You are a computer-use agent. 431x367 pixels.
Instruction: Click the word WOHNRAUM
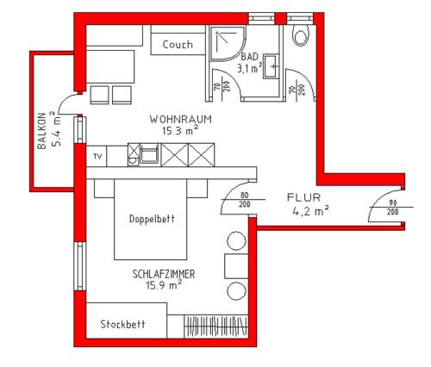[180, 118]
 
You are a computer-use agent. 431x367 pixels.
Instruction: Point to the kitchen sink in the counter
[148, 156]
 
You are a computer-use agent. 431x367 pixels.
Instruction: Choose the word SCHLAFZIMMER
[164, 273]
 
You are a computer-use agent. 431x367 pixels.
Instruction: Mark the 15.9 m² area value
[164, 284]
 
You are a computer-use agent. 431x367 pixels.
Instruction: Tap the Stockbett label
[122, 325]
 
